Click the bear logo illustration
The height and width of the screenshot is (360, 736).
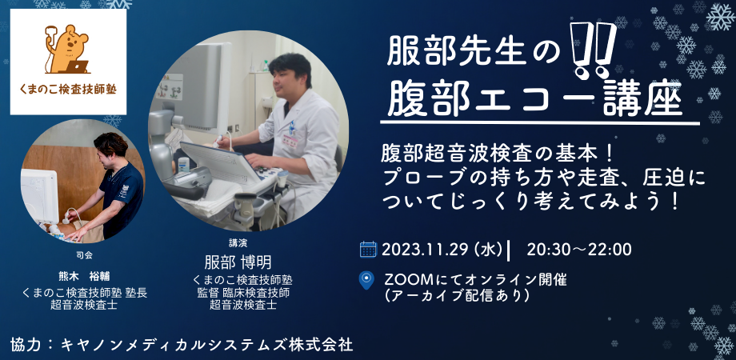67,48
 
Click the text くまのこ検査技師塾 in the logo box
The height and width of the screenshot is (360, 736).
68,89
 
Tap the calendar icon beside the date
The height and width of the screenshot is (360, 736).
368,249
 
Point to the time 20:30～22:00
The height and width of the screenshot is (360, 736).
579,250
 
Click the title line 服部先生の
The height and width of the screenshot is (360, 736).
470,55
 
